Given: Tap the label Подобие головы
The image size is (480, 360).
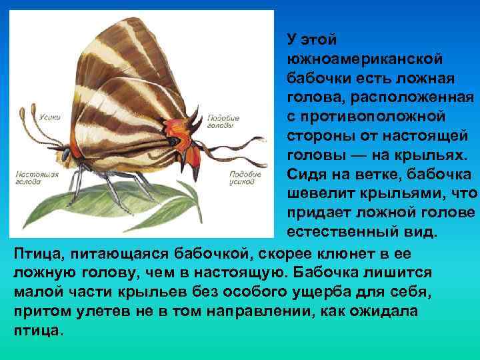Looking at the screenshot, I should pyautogui.click(x=224, y=121).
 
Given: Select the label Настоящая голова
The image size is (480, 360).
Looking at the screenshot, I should pyautogui.click(x=37, y=176).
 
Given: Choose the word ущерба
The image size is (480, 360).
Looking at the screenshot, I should pyautogui.click(x=309, y=291).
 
